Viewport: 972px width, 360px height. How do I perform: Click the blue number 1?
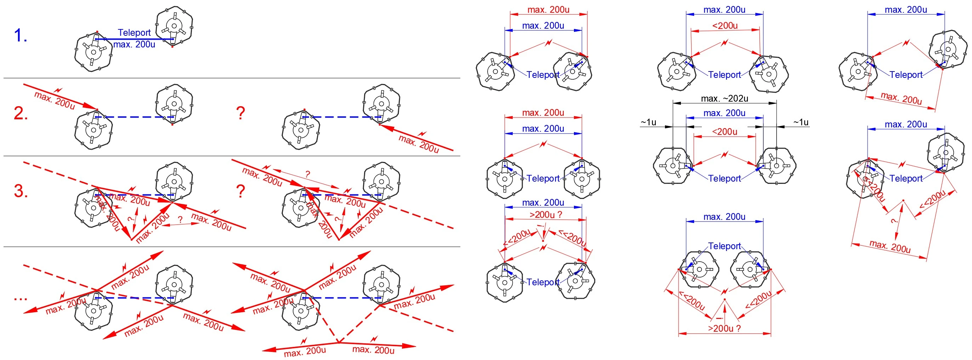(21, 35)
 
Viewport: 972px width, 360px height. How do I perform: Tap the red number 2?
(21, 113)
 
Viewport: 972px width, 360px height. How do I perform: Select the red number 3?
(21, 191)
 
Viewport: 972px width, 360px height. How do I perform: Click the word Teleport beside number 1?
(134, 33)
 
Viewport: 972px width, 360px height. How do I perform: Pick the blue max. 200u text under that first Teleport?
(134, 44)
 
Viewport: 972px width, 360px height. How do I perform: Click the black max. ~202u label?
(724, 98)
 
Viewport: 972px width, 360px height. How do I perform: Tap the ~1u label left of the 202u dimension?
(648, 122)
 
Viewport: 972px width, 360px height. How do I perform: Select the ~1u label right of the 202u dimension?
(801, 122)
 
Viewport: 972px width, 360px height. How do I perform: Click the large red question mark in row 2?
(240, 113)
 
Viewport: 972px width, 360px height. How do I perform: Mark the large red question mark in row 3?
(240, 191)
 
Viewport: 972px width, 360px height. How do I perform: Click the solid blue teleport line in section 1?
(134, 39)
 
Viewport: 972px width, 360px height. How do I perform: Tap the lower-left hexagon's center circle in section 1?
(93, 52)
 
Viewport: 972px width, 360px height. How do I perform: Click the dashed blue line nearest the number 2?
(134, 117)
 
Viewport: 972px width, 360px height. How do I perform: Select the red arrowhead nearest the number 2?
(91, 107)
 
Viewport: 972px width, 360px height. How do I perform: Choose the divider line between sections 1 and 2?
(232, 78)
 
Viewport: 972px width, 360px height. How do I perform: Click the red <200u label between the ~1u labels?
(724, 132)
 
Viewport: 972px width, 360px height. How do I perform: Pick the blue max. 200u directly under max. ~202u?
(724, 113)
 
